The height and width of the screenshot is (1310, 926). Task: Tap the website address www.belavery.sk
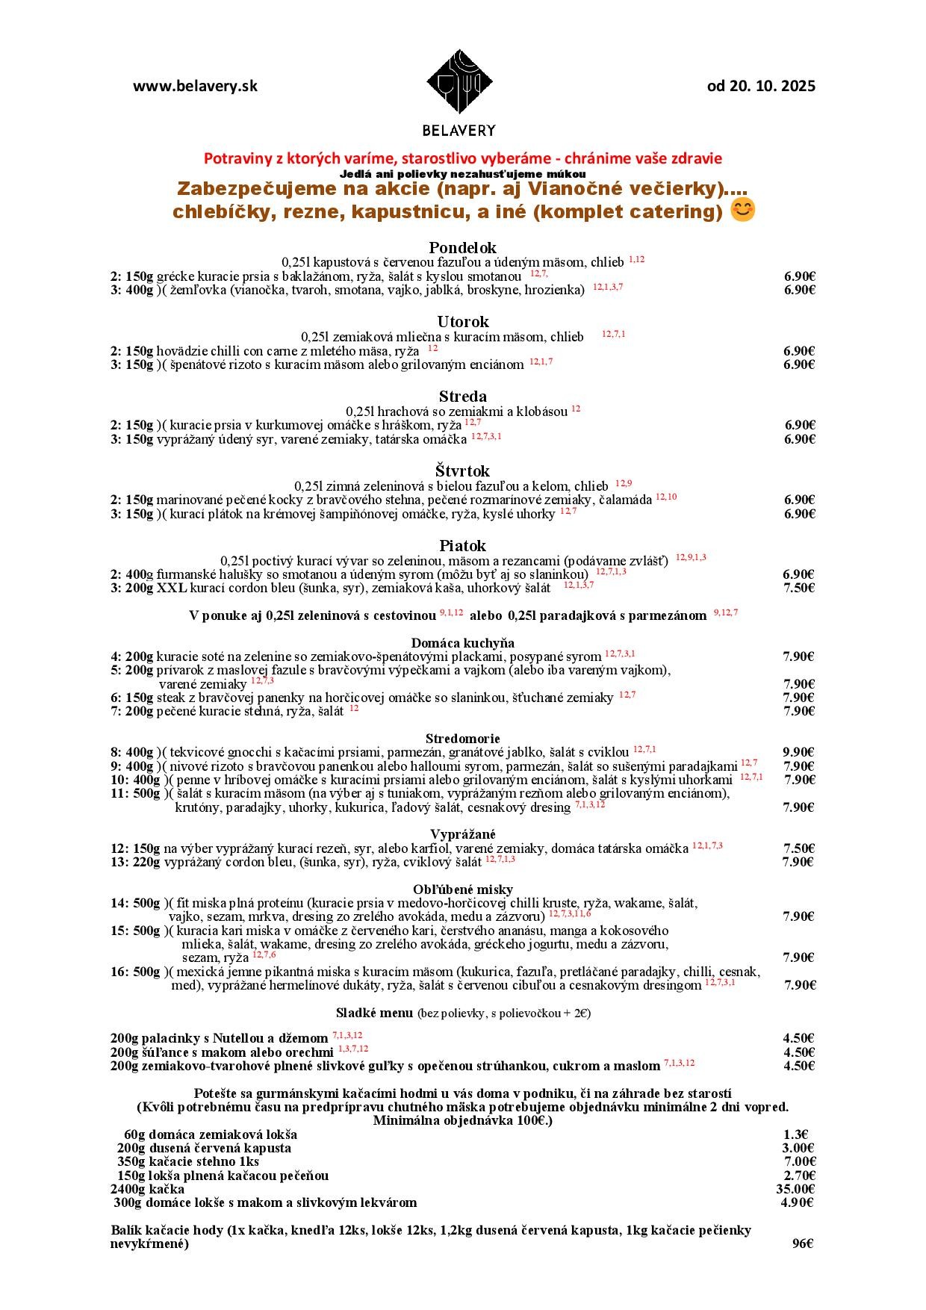point(195,86)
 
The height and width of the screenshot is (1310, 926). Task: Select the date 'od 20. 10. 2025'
point(761,86)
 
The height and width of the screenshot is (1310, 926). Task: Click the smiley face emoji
point(742,211)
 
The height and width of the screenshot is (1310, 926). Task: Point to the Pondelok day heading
point(462,247)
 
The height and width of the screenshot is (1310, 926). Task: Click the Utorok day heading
point(462,322)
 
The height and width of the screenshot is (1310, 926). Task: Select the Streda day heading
point(462,397)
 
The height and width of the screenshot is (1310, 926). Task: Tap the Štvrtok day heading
point(462,471)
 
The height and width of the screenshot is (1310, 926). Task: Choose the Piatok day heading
point(462,546)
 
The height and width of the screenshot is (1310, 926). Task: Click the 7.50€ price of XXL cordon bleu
point(798,588)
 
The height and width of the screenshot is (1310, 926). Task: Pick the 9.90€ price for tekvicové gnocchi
point(798,752)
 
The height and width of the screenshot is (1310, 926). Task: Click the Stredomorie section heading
point(462,739)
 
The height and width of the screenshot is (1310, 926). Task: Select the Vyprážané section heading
point(462,834)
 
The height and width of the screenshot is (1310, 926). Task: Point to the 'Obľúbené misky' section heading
point(462,889)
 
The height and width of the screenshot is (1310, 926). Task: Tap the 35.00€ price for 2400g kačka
point(795,1189)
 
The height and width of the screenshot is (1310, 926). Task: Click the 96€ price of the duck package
point(802,1244)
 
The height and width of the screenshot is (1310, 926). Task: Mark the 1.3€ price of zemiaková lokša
point(798,1134)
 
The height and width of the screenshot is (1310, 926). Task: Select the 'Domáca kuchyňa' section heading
point(462,643)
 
